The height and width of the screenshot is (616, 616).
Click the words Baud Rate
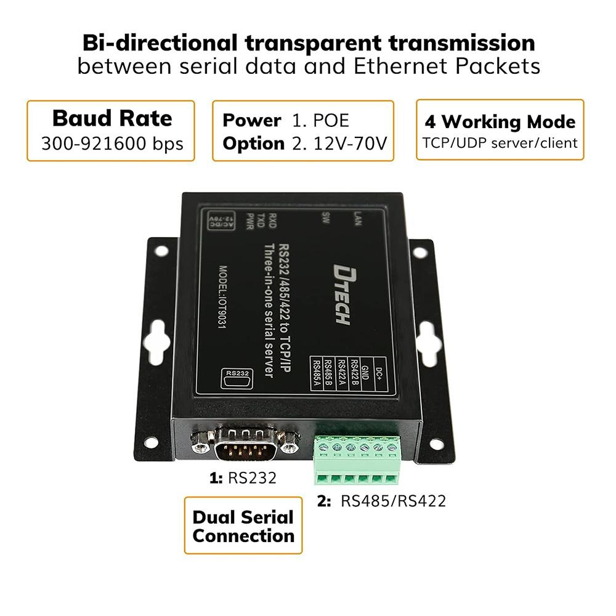tap(111, 118)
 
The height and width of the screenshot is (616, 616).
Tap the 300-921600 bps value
tap(111, 144)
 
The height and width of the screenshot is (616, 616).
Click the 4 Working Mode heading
tap(500, 121)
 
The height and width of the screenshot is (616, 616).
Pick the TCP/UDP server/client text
tap(500, 144)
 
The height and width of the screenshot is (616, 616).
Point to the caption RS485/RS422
tap(392, 501)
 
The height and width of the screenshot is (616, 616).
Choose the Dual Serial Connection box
tap(243, 525)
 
